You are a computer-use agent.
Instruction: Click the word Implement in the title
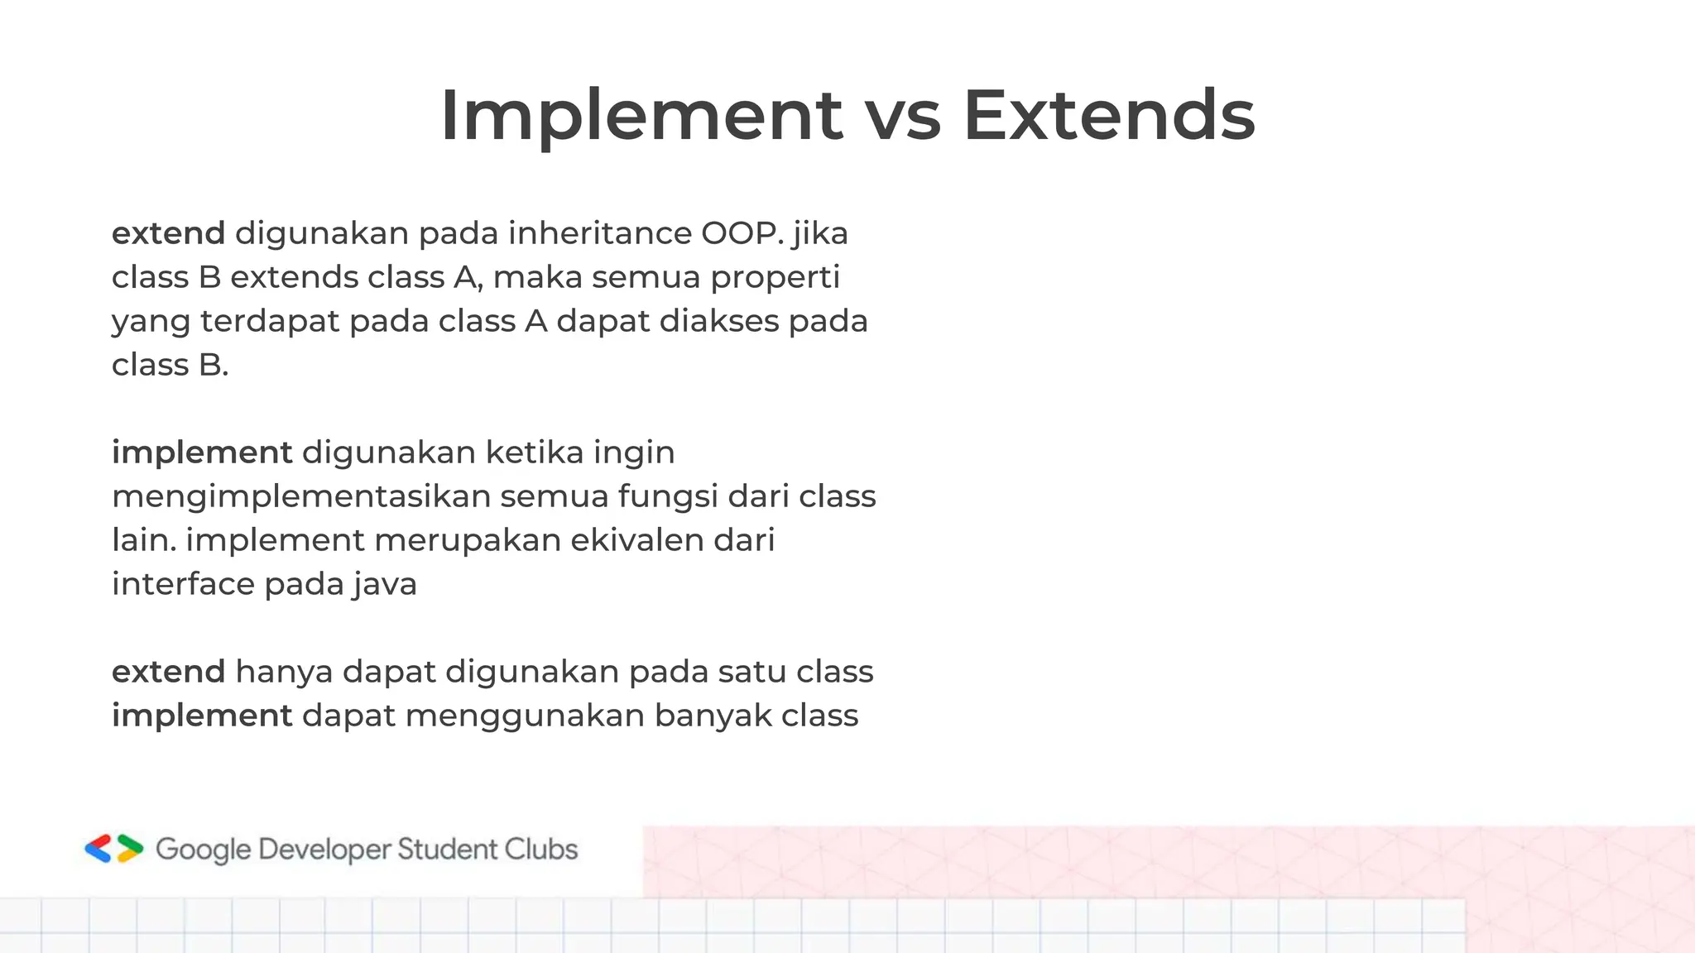pyautogui.click(x=641, y=116)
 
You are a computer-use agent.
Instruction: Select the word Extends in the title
pyautogui.click(x=1109, y=116)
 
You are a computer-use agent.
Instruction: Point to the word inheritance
pyautogui.click(x=600, y=234)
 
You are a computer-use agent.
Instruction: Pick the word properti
pyautogui.click(x=775, y=278)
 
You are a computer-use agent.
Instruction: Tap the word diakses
pyautogui.click(x=718, y=322)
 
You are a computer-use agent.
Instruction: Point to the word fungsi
pyautogui.click(x=668, y=497)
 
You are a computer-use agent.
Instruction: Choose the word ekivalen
pyautogui.click(x=637, y=541)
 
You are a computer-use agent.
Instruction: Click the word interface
pyautogui.click(x=183, y=585)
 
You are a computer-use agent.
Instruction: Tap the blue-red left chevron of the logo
pyautogui.click(x=98, y=849)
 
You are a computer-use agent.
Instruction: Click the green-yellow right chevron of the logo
pyautogui.click(x=130, y=849)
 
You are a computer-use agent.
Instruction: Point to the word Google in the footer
pyautogui.click(x=203, y=850)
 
